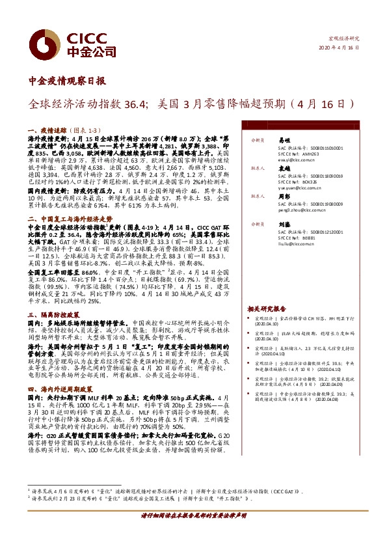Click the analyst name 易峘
tap(283, 140)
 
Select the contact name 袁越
tap(283, 167)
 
